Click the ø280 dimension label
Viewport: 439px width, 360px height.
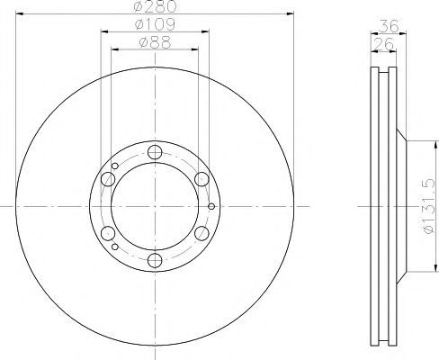point(155,6)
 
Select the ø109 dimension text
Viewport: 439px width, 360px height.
point(155,24)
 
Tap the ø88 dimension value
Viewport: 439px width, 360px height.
point(155,42)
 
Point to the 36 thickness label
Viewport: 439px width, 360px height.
point(389,26)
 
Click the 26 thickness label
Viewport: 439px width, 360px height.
point(383,44)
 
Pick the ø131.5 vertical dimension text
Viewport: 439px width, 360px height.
point(428,206)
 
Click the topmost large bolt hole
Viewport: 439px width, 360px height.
point(155,152)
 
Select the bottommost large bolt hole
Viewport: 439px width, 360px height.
point(155,260)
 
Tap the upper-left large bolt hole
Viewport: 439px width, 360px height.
point(108,179)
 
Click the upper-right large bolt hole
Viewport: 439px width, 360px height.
point(202,179)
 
